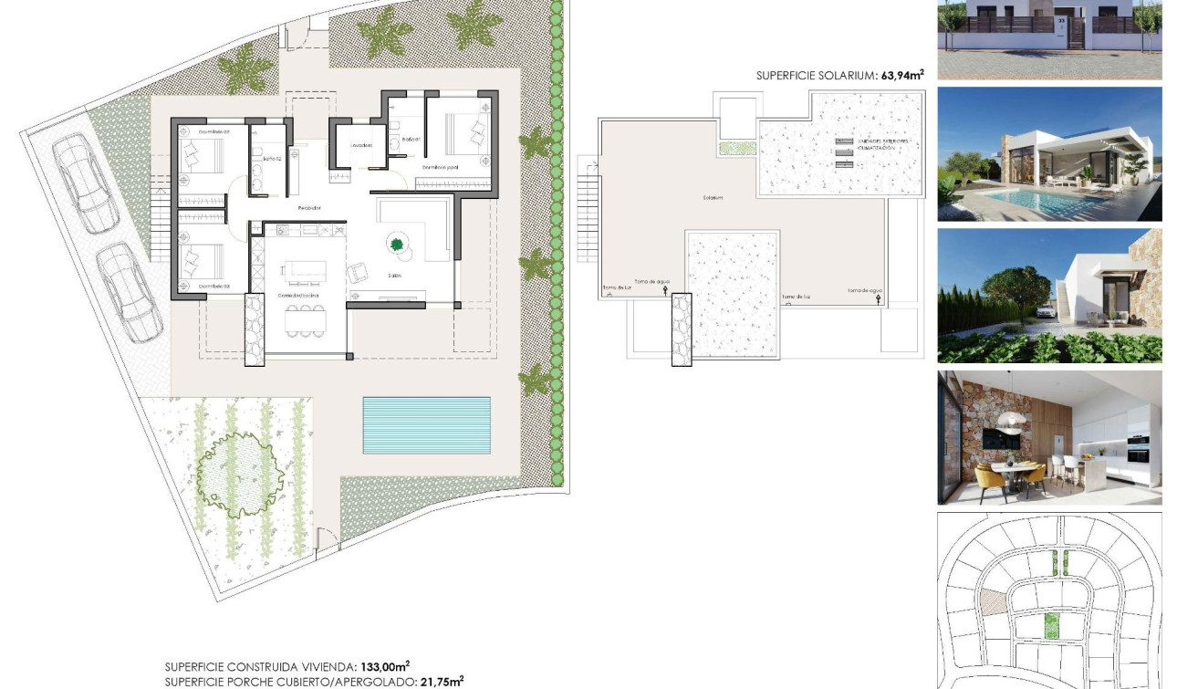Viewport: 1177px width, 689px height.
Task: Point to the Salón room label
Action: tap(395, 275)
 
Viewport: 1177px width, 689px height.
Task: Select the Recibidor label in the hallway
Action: tap(309, 209)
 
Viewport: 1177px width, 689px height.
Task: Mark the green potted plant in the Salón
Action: tap(397, 244)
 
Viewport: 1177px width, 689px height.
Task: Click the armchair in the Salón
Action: tap(357, 273)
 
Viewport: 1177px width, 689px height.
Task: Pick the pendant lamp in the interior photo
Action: tap(1011, 418)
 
